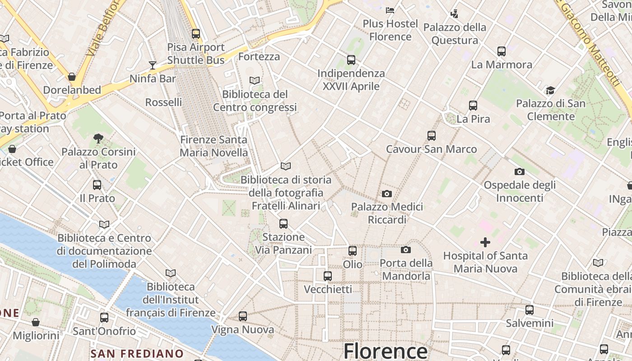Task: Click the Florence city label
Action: (x=385, y=351)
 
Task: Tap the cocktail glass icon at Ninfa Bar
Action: (x=153, y=65)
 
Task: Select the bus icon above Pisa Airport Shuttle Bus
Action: (x=195, y=33)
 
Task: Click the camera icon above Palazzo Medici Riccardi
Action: (x=386, y=194)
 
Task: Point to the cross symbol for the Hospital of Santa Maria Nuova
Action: (x=485, y=242)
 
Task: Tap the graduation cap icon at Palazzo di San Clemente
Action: (x=550, y=90)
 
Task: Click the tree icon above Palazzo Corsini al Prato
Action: (x=98, y=138)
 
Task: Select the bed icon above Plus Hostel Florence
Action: (x=390, y=10)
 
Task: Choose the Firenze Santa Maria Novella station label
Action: (x=214, y=146)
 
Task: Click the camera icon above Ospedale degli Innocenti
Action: (x=519, y=171)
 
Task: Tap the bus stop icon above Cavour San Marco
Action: (x=431, y=135)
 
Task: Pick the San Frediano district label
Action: (x=137, y=353)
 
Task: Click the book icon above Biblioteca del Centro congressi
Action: (x=255, y=80)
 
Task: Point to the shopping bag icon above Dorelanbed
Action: (x=71, y=77)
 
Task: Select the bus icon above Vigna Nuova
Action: (x=243, y=316)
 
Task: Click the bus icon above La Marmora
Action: (x=501, y=51)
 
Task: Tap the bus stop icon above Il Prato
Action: (x=97, y=185)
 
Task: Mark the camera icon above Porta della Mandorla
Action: (x=405, y=250)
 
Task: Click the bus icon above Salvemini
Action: (x=529, y=310)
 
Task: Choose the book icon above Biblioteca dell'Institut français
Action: (x=170, y=273)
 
